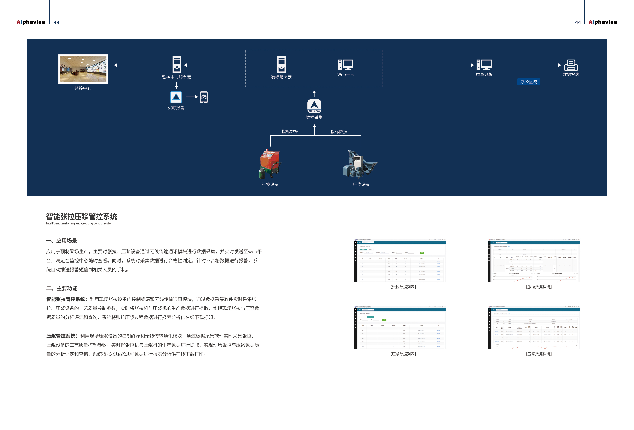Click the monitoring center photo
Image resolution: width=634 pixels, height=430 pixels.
(83, 69)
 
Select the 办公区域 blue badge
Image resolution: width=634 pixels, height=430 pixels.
(528, 82)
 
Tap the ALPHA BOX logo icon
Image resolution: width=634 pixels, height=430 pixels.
(314, 106)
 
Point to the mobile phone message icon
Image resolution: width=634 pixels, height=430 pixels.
(203, 97)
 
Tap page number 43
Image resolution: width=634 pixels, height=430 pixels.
(56, 22)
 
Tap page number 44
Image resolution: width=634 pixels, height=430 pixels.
(578, 22)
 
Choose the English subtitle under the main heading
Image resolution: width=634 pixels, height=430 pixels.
(80, 223)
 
